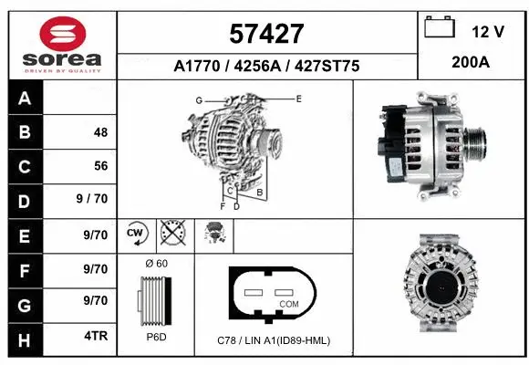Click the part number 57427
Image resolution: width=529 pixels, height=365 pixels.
(265, 33)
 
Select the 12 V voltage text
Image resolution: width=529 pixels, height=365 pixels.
(488, 32)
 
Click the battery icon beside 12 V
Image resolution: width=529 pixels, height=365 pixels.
(440, 29)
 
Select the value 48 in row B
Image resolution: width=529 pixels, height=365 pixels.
(100, 132)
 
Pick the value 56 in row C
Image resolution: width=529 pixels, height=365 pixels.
(100, 167)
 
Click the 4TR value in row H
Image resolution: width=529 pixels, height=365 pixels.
(96, 336)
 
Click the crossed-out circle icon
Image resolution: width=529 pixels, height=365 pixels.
(171, 234)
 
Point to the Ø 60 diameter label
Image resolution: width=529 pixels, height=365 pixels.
(156, 264)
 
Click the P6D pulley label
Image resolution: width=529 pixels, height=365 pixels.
(156, 338)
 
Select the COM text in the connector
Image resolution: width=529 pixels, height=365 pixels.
(288, 303)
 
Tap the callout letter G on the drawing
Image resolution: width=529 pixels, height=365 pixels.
(198, 99)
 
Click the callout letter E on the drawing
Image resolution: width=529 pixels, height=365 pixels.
(298, 97)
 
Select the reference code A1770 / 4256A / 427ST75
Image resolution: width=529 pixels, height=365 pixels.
(265, 66)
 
